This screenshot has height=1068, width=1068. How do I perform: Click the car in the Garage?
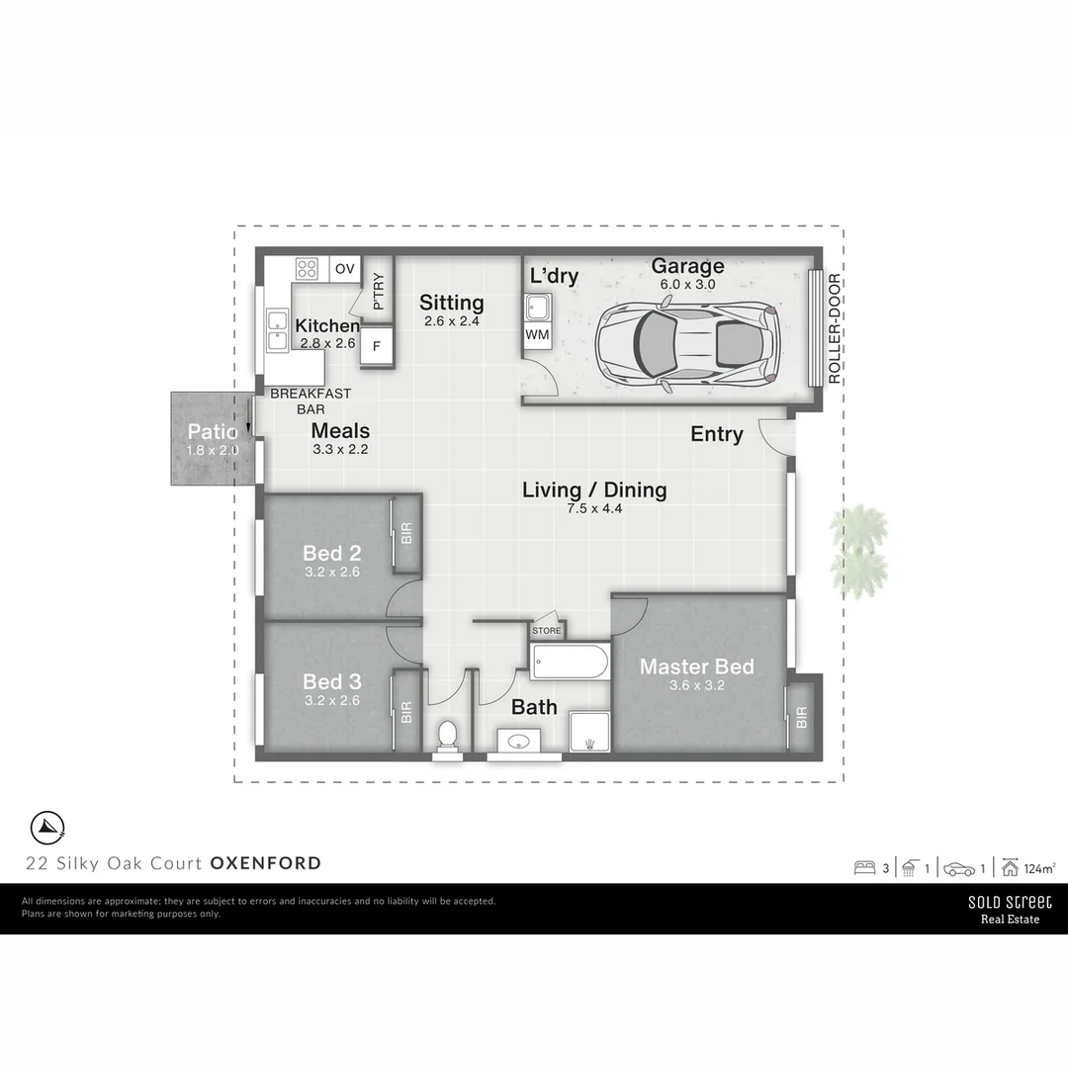[688, 343]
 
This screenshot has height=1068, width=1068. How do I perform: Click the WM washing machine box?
[536, 335]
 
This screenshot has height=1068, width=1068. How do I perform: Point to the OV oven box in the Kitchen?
[344, 268]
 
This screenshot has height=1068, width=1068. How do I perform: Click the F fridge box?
[376, 346]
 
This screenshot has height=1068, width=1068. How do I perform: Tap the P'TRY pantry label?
[379, 291]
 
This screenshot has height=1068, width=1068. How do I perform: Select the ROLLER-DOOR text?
[834, 327]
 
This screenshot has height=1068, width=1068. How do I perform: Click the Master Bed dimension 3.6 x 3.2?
[696, 685]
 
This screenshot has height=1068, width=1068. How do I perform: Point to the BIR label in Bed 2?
[406, 534]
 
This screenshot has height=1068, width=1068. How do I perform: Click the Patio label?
[212, 432]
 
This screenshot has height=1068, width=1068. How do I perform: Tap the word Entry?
[716, 434]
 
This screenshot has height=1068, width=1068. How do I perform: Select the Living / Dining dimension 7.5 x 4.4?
[593, 508]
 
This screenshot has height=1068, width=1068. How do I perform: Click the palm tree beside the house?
[857, 552]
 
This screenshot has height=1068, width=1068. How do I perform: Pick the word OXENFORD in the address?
[266, 863]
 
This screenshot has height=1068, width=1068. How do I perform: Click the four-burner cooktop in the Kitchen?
[308, 267]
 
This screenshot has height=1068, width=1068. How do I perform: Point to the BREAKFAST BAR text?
[310, 400]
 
